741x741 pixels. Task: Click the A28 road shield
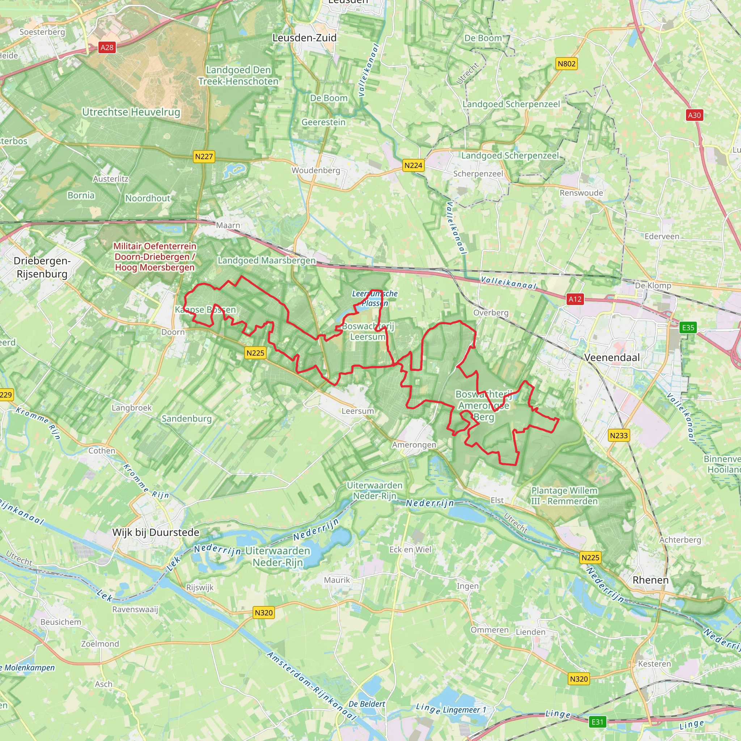(107, 47)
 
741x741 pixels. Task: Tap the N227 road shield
(204, 156)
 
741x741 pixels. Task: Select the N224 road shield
(413, 165)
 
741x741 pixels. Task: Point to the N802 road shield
(567, 64)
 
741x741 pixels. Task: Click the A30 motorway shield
(694, 115)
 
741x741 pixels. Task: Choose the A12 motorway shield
(575, 299)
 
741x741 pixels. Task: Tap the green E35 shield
(688, 327)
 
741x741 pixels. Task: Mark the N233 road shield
(619, 435)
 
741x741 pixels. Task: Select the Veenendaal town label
(612, 357)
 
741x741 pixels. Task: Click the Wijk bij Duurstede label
(156, 532)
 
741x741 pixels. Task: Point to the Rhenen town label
(651, 580)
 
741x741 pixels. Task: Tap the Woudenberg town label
(316, 170)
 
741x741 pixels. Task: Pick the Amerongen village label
(414, 445)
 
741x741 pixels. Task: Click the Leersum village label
(357, 411)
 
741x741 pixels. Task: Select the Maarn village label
(228, 225)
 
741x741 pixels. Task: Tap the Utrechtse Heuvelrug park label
(131, 112)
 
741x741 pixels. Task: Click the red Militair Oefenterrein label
(154, 257)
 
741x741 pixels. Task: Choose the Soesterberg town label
(42, 32)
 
